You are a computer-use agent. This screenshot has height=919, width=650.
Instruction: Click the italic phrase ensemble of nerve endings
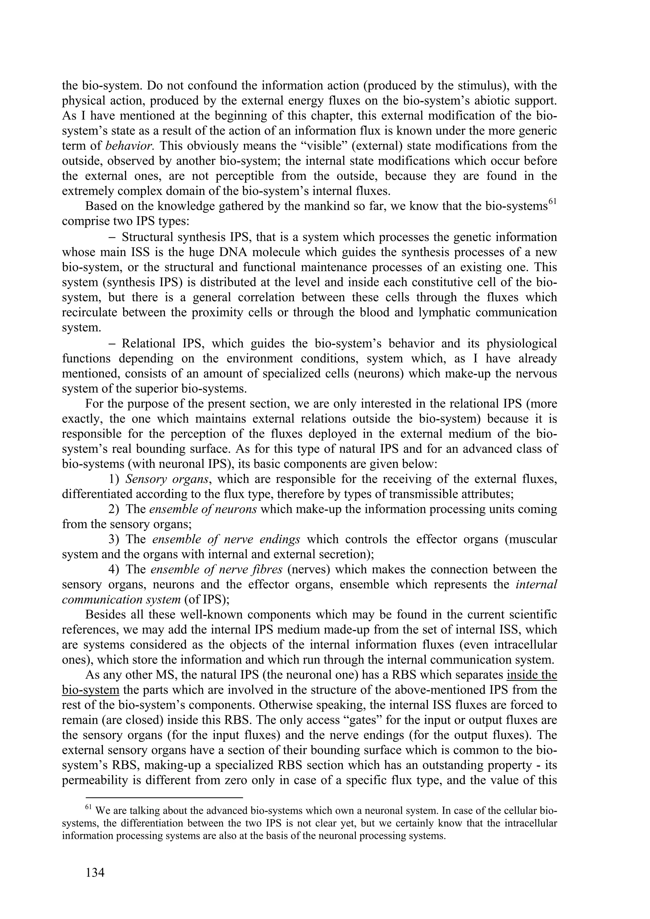[226, 539]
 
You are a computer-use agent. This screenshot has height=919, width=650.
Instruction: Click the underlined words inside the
[532, 675]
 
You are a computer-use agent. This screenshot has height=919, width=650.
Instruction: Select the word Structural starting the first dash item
[147, 237]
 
